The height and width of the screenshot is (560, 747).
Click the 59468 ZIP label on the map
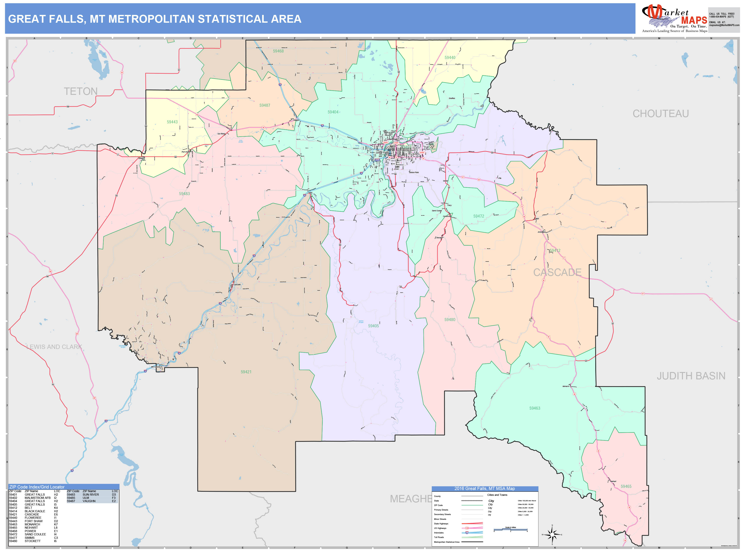(278, 51)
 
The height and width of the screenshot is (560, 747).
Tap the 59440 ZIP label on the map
(450, 58)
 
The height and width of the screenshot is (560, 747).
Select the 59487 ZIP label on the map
(265, 105)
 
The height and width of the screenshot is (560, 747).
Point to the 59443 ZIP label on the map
(172, 122)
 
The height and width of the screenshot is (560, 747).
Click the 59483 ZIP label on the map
(184, 194)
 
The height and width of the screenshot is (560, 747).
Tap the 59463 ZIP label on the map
(535, 408)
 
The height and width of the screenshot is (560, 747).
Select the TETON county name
(81, 91)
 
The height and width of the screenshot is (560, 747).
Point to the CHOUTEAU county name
(661, 114)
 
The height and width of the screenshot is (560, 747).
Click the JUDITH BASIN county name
(691, 376)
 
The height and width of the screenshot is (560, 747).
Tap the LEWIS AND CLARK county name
(54, 347)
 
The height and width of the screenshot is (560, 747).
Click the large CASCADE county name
(557, 272)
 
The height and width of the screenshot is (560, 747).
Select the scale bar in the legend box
(510, 530)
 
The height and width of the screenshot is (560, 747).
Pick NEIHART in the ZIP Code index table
(31, 528)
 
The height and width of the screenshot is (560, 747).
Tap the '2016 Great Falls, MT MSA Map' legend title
(485, 488)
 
